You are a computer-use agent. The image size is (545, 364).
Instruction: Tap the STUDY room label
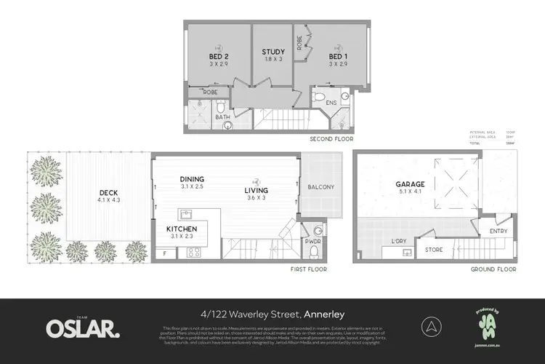[273, 52]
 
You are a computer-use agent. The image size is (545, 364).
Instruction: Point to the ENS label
[331, 103]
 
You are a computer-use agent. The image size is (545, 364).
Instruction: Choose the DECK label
[109, 193]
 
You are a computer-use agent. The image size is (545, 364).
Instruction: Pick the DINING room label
[193, 179]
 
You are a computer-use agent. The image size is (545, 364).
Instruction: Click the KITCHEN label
[182, 228]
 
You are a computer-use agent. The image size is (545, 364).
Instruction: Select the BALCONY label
[320, 187]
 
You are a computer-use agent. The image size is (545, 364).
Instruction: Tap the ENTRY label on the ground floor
[498, 231]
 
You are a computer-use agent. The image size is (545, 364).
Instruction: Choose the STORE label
[434, 250]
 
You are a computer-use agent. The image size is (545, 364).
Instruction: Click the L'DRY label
[400, 240]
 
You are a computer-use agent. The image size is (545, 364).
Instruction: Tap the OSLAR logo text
[83, 328]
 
